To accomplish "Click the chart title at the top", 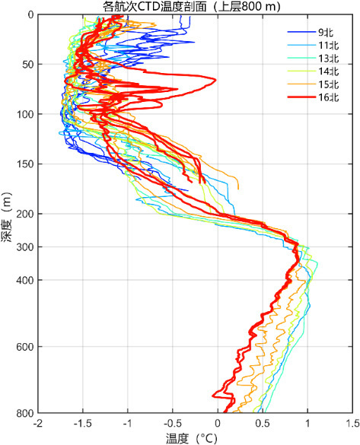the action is [192, 6].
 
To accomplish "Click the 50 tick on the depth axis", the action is [27, 65].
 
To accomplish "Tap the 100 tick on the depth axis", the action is [24, 114].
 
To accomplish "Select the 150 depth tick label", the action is [24, 164].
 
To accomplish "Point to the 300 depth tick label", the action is [24, 247].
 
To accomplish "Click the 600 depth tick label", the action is [24, 347].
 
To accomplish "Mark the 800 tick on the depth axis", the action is [24, 413].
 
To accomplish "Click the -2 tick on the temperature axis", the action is [38, 424].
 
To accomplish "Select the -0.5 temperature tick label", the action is [172, 424].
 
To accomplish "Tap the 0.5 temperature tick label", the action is [263, 424].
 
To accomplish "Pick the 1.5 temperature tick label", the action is [352, 424].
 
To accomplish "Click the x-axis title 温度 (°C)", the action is [192, 439].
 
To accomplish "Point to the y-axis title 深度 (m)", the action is [7, 217].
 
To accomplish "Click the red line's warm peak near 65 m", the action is [216, 80].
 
